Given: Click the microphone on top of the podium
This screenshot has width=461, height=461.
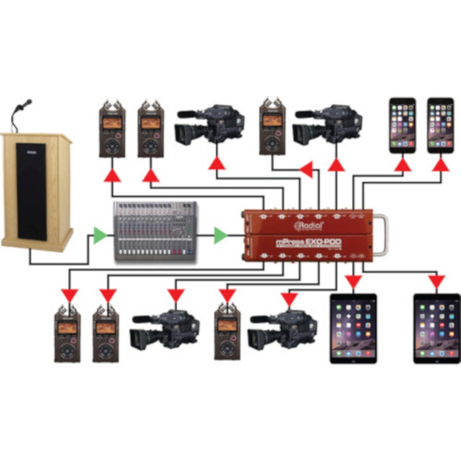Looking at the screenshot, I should pyautogui.click(x=24, y=106).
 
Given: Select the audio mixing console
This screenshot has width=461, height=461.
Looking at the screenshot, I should pyautogui.click(x=155, y=233).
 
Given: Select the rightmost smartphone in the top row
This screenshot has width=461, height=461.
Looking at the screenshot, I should pyautogui.click(x=440, y=125).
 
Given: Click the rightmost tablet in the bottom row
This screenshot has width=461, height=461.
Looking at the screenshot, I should pyautogui.click(x=436, y=328).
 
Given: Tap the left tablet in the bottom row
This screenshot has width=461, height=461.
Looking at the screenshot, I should pyautogui.click(x=353, y=328).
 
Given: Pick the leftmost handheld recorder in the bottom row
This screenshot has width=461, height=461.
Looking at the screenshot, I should pyautogui.click(x=67, y=333).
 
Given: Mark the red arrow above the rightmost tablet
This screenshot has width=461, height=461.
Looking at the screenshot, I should pyautogui.click(x=437, y=282).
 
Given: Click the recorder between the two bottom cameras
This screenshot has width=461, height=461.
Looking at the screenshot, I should pyautogui.click(x=227, y=331).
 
